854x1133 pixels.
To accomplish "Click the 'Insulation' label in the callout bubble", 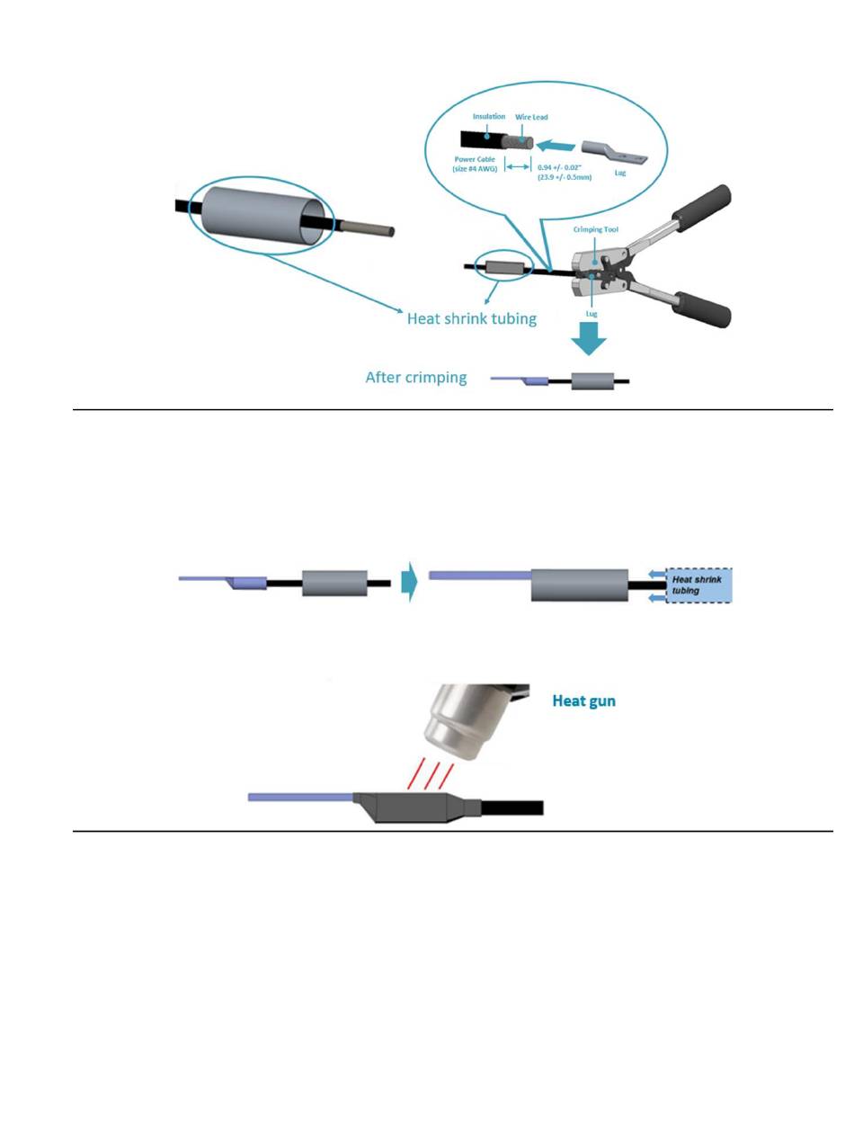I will [x=489, y=116].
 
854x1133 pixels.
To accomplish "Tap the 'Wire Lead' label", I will [x=532, y=117].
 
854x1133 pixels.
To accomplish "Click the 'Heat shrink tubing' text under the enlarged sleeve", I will [x=471, y=318].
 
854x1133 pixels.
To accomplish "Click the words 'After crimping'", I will [x=415, y=378].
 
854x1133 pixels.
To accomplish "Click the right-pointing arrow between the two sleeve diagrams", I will [x=409, y=581].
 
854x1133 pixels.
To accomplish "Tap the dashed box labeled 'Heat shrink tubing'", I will [x=698, y=585].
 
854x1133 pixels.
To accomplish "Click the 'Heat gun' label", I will [x=584, y=701].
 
